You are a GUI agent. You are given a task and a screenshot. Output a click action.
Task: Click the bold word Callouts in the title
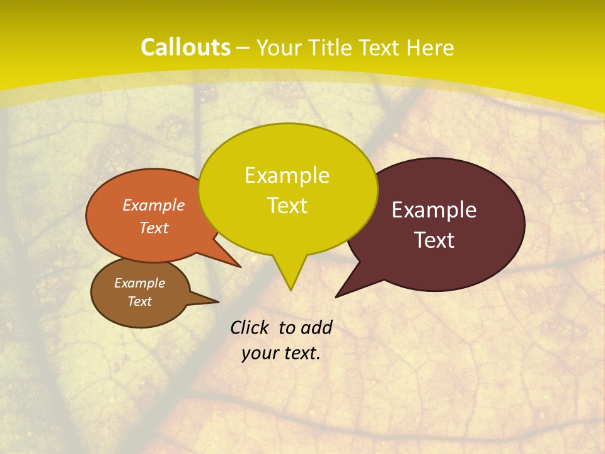pos(185,47)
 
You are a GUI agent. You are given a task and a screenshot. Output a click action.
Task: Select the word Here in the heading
pos(430,47)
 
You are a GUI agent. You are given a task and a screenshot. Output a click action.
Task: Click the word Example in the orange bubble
pos(154,205)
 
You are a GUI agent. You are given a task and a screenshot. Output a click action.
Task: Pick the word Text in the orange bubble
pos(154,228)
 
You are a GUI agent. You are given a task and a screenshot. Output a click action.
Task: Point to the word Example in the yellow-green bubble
pos(287,175)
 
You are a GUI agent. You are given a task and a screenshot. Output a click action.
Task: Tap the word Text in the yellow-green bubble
pos(287,206)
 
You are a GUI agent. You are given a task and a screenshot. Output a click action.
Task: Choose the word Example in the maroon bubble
pos(434,210)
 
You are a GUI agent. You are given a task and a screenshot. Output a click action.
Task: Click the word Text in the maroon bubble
pos(435,240)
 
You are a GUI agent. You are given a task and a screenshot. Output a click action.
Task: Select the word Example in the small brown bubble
pos(139,283)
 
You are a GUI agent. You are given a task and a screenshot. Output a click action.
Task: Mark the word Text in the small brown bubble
pos(140,301)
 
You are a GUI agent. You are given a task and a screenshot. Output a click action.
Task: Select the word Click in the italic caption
pos(251,327)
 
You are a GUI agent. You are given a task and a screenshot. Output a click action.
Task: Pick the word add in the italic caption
pos(316,327)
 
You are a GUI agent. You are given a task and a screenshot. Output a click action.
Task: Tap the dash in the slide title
pos(244,48)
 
